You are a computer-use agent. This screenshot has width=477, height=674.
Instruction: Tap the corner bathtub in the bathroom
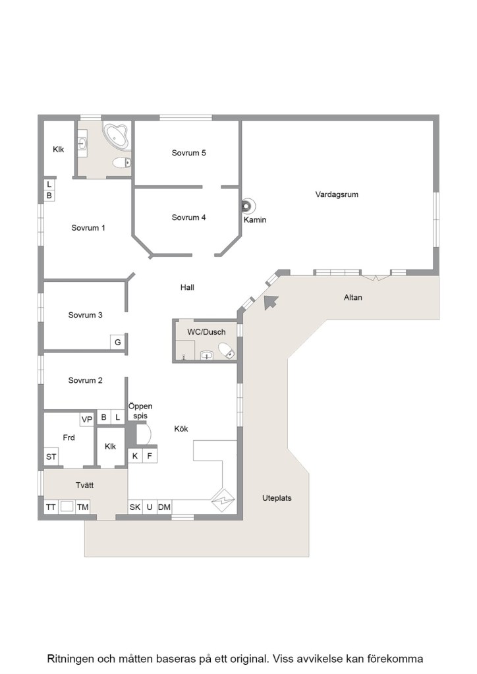(x=117, y=137)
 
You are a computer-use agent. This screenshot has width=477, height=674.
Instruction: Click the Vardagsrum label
(x=337, y=194)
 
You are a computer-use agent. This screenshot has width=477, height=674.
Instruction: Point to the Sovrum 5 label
(x=188, y=153)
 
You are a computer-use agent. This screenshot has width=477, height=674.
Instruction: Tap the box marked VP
(x=87, y=419)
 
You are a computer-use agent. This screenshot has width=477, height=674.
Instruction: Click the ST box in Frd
(x=51, y=457)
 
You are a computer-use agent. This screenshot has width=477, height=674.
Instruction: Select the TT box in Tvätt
(x=51, y=507)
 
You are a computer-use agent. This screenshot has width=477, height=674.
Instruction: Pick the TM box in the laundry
(x=82, y=507)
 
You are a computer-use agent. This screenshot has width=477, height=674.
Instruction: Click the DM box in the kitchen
(x=164, y=507)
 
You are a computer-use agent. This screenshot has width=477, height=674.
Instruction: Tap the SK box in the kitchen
(x=135, y=507)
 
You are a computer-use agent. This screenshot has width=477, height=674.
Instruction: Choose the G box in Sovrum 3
(x=117, y=342)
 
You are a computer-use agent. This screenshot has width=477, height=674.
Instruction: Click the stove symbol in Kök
(x=223, y=500)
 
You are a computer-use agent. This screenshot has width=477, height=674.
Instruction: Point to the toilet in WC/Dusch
(x=227, y=351)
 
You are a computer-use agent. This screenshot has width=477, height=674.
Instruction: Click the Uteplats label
(x=277, y=498)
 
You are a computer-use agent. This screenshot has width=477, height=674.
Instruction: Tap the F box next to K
(x=150, y=456)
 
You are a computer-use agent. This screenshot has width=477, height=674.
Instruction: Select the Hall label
(x=187, y=287)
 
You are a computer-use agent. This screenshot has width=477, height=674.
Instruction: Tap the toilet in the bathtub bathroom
(x=122, y=163)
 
